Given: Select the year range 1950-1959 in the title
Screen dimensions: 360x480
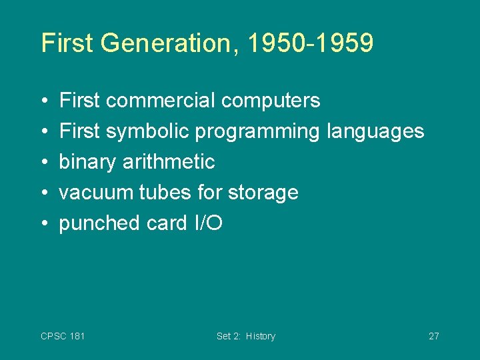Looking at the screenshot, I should point(310,43).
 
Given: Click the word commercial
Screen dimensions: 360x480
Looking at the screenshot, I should point(160,101).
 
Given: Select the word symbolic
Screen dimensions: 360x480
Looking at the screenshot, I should point(147,131).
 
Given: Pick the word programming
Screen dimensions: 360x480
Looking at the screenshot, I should point(257,132).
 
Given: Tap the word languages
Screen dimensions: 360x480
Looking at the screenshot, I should point(375,132).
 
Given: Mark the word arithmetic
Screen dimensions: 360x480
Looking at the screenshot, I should point(169,162).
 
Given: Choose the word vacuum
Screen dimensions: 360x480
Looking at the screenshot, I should point(96,193).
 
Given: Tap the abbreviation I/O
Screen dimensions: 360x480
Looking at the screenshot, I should point(207,223).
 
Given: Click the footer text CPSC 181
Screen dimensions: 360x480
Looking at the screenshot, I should point(63,336).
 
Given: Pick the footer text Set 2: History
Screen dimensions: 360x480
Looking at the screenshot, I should point(245,336).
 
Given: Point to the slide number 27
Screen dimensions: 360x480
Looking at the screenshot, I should point(433,336).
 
